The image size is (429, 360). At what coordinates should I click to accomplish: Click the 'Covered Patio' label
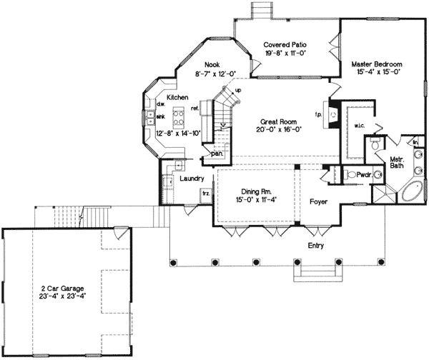click(280, 44)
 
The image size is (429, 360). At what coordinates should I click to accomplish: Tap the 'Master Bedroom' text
click(375, 64)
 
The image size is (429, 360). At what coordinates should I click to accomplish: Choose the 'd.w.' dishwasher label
click(161, 104)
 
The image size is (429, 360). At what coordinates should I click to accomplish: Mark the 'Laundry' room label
click(193, 179)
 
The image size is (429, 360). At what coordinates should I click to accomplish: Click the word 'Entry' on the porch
click(315, 246)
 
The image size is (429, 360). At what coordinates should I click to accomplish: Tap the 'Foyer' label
click(318, 202)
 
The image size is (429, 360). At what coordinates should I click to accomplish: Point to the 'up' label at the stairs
click(237, 91)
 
